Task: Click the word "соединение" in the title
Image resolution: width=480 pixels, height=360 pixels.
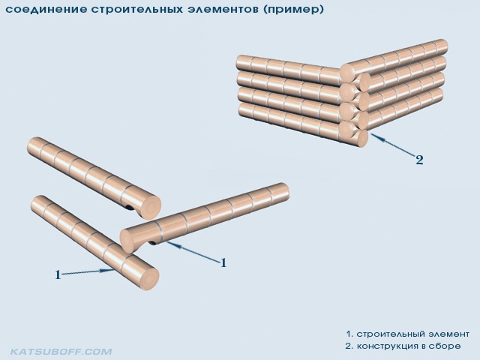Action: tap(46, 9)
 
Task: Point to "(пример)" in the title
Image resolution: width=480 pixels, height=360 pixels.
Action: tap(293, 10)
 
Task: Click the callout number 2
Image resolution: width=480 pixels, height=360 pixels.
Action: tap(419, 160)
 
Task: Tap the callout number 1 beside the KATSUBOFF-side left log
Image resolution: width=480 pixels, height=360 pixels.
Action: tap(58, 274)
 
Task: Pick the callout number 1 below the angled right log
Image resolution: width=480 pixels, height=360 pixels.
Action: tap(223, 262)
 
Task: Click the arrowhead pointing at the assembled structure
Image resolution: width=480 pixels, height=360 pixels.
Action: tap(376, 136)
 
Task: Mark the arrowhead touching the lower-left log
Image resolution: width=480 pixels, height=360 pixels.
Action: tap(108, 270)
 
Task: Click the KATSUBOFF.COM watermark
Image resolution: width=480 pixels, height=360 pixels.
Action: tap(61, 352)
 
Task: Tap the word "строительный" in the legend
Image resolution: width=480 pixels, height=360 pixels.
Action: tap(390, 334)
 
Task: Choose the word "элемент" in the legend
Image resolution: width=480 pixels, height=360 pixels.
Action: tap(448, 334)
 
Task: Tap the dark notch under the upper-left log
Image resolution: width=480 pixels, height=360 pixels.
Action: tap(130, 208)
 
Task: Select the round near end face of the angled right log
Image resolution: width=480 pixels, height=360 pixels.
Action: tap(130, 241)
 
